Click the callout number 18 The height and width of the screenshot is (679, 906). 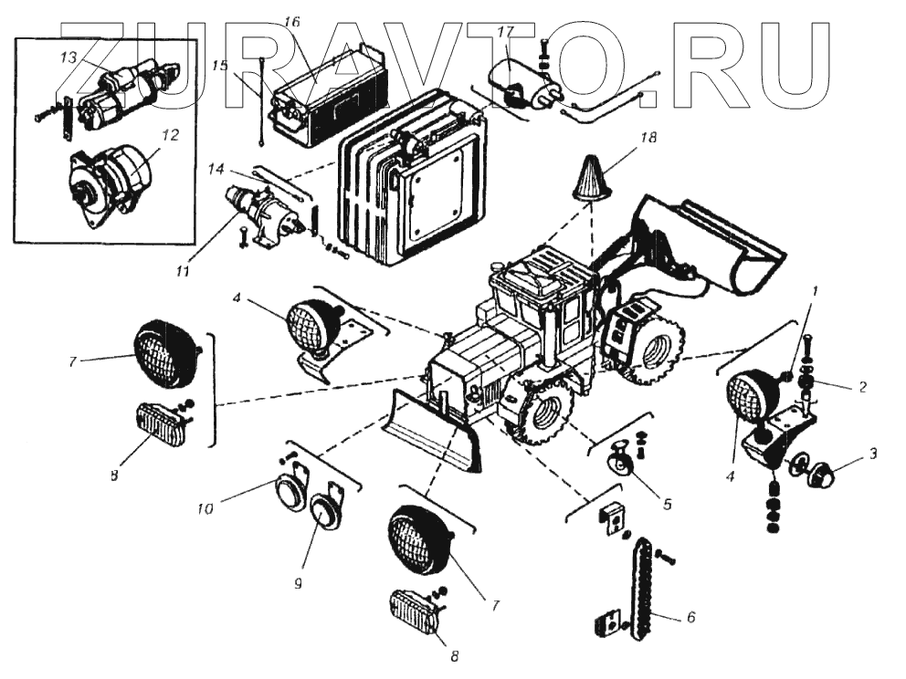(x=649, y=138)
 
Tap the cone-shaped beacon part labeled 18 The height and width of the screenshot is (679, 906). (x=592, y=178)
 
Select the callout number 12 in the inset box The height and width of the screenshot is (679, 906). (x=170, y=135)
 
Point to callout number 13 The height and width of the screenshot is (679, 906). (x=68, y=57)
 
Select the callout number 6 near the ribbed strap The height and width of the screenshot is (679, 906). (x=690, y=618)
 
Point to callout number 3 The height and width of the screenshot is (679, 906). (x=872, y=452)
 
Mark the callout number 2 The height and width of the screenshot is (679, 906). (x=859, y=386)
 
